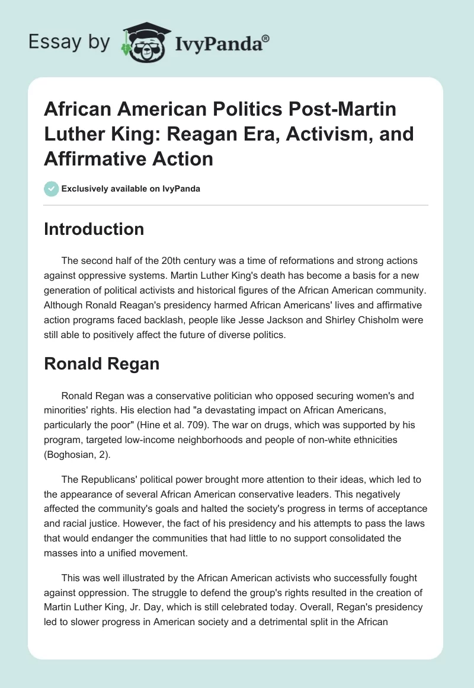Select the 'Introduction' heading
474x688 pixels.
click(x=94, y=230)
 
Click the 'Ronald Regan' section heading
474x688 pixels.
click(x=101, y=363)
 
